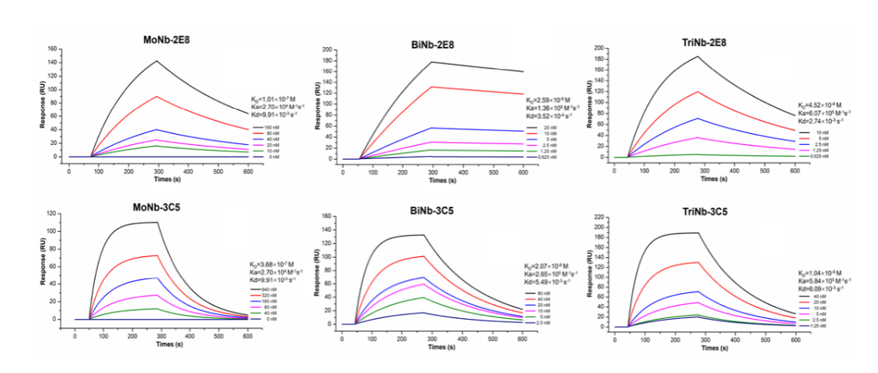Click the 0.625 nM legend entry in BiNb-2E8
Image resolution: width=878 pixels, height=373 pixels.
(542, 158)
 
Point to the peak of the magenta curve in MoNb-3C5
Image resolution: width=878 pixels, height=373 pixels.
(158, 295)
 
